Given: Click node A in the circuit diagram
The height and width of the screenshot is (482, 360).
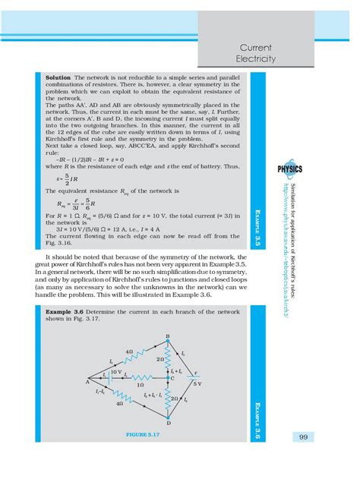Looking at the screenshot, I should (x=77, y=382).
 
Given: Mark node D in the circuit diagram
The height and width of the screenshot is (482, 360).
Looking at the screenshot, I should (x=168, y=423).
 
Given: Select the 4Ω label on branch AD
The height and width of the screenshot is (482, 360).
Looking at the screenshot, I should (x=119, y=405).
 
